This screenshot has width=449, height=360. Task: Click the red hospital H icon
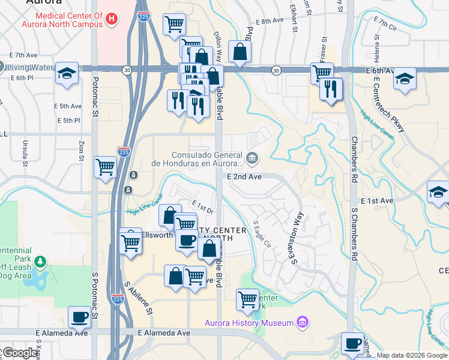(110, 19)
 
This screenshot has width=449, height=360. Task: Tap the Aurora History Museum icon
(303, 323)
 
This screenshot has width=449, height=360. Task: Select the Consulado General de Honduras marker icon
(252, 158)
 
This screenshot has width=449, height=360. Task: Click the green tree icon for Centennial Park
(40, 262)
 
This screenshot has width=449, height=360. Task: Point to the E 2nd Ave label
(244, 177)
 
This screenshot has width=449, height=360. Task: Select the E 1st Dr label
(202, 207)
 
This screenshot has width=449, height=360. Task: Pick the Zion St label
(82, 151)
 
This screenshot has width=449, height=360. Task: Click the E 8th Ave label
(269, 20)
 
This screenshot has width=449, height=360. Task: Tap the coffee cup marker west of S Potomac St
(79, 317)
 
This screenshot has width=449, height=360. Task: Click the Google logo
(20, 353)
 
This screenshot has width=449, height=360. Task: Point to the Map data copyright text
(411, 355)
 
